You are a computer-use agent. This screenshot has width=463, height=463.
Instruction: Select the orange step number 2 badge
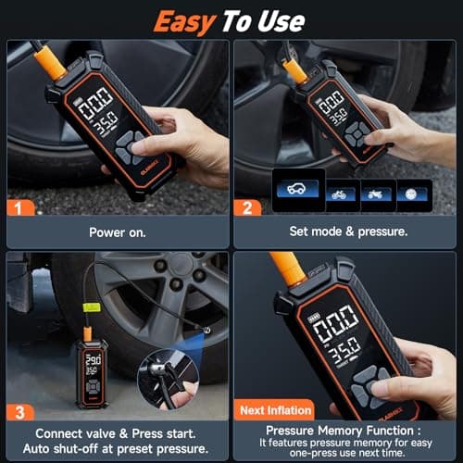point(245,208)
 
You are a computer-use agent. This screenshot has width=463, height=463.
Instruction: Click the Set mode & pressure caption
point(346,233)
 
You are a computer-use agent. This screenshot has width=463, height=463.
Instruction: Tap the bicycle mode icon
point(339,194)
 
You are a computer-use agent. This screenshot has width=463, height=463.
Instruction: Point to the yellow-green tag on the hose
point(94,307)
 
